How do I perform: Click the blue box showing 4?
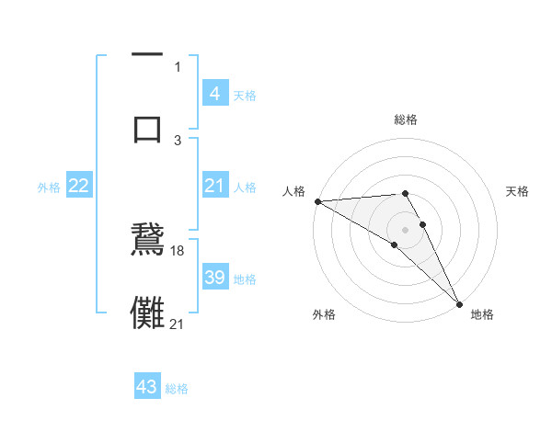click(214, 93)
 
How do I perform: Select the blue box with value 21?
click(214, 186)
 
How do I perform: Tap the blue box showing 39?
click(214, 278)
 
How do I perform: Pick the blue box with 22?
click(79, 186)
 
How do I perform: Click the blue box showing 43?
click(147, 387)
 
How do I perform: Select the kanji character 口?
click(147, 129)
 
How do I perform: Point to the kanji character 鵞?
click(147, 241)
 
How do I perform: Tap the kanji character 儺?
click(147, 311)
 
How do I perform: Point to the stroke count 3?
click(178, 140)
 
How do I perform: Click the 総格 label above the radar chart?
click(406, 119)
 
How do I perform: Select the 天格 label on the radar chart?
click(518, 191)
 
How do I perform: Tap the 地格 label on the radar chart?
click(482, 314)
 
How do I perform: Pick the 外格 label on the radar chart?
click(324, 314)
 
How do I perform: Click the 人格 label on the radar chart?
click(294, 191)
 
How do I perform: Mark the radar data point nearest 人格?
click(317, 201)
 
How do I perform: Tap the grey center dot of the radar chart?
click(406, 229)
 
